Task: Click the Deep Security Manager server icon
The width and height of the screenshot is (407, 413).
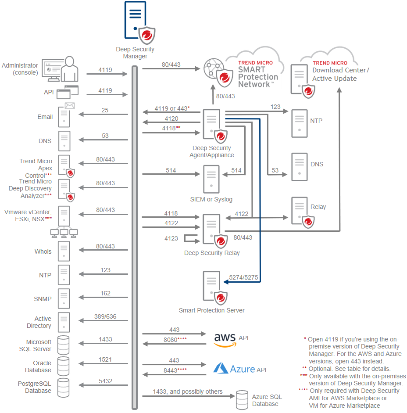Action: (x=136, y=20)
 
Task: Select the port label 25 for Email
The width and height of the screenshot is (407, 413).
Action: (x=105, y=110)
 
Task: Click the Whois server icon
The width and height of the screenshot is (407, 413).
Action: (x=64, y=251)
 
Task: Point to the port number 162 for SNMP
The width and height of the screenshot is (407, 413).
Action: (x=105, y=293)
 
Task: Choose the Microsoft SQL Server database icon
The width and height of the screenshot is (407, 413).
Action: (x=64, y=345)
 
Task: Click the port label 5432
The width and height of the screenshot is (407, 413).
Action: (x=105, y=381)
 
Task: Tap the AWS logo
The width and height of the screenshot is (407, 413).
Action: (x=225, y=340)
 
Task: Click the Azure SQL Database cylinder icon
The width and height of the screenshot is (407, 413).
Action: (x=242, y=399)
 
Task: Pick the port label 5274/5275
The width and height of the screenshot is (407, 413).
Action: (x=243, y=277)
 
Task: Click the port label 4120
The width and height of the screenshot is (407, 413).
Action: (x=171, y=119)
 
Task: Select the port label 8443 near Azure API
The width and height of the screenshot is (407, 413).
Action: (x=175, y=370)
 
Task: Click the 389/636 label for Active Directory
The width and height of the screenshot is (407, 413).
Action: (x=105, y=317)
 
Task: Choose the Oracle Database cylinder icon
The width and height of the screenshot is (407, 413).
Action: (x=64, y=366)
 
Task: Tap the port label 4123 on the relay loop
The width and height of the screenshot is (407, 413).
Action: (x=171, y=238)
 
